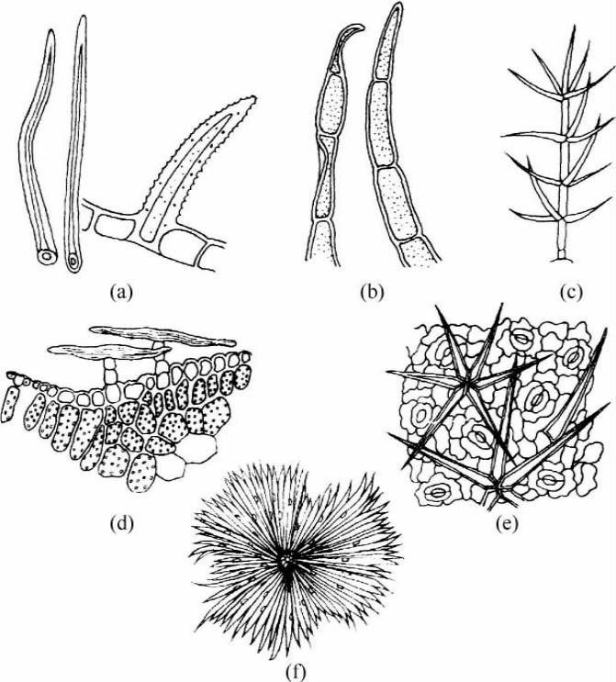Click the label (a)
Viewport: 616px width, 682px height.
[121, 292]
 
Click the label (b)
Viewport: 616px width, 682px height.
[373, 292]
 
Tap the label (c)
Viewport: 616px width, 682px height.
[571, 292]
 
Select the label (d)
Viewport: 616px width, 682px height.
[121, 524]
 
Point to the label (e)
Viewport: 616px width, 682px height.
[508, 524]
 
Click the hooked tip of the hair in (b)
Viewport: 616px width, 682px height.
[359, 28]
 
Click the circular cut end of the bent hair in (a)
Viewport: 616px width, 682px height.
[46, 257]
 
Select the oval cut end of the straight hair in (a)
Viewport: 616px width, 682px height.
[73, 263]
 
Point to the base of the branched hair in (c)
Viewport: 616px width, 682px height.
[562, 259]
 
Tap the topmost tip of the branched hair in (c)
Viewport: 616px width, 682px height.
[574, 27]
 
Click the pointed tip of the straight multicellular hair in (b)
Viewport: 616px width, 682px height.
[397, 5]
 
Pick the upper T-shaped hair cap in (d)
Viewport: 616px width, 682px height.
[162, 336]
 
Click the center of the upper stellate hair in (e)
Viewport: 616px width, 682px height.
[465, 384]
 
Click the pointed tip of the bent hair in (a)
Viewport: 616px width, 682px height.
[50, 32]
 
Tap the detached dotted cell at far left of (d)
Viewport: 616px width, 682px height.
[10, 405]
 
